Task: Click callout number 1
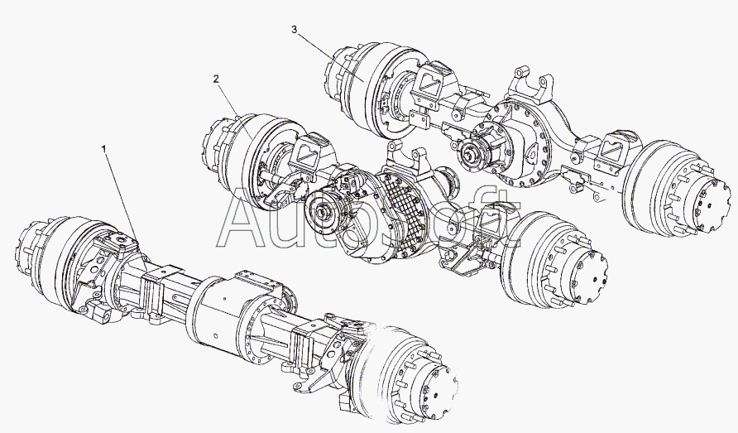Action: point(104,149)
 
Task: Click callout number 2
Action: point(216,79)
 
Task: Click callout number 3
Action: point(295,30)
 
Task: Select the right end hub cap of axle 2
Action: point(588,277)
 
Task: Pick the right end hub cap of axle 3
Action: point(713,206)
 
